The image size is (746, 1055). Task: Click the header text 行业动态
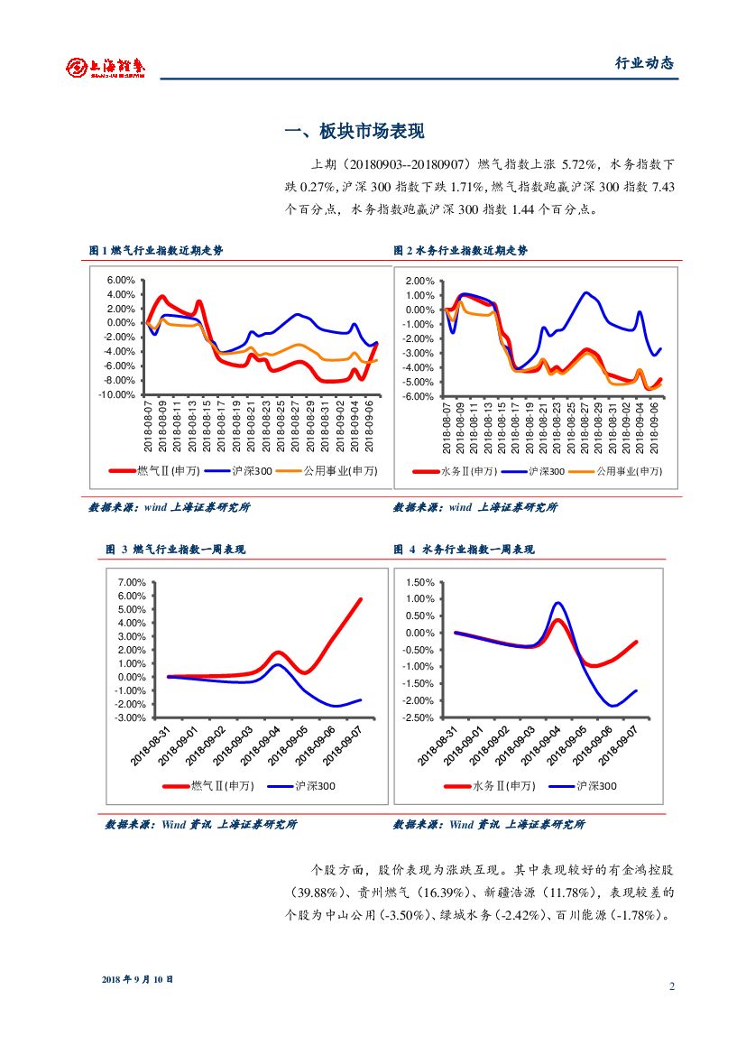[644, 63]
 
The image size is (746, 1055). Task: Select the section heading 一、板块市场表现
[354, 132]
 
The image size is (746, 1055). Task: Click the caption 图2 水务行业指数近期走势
[460, 250]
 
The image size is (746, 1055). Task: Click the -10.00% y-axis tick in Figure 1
[118, 394]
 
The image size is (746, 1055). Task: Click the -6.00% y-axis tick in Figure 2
[420, 396]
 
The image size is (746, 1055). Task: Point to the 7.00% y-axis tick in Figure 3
[132, 582]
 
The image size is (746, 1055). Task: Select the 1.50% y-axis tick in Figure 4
[419, 582]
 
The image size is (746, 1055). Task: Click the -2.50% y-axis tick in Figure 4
[418, 717]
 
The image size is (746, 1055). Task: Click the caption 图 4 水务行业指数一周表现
[464, 549]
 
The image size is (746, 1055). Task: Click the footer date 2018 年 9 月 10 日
[137, 979]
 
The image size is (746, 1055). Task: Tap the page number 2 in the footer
[671, 986]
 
